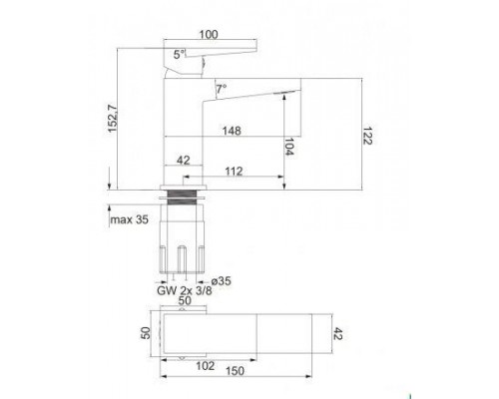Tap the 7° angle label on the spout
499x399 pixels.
click(221, 88)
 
